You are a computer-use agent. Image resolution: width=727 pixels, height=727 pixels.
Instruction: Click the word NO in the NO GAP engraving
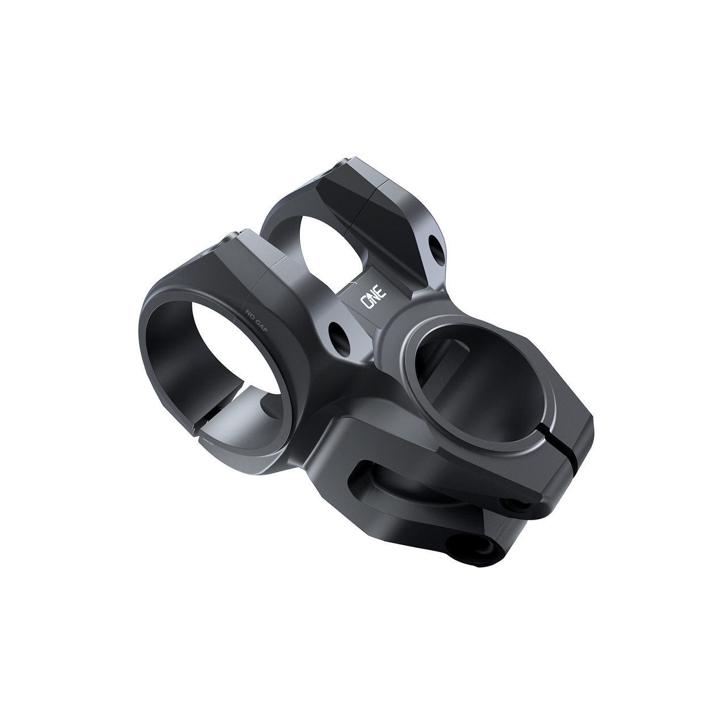pos(250,313)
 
